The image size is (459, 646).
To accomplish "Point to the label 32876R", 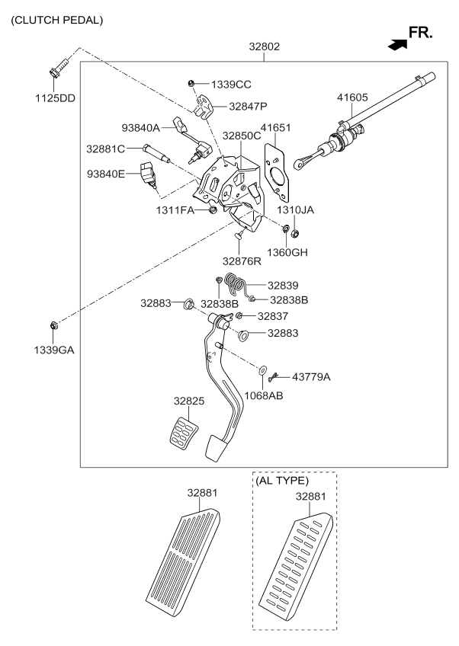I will click(242, 261).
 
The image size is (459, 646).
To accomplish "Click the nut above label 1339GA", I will click(54, 326).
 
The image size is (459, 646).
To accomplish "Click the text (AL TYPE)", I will click(283, 481).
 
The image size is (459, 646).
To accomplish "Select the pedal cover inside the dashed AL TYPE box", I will click(295, 567).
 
